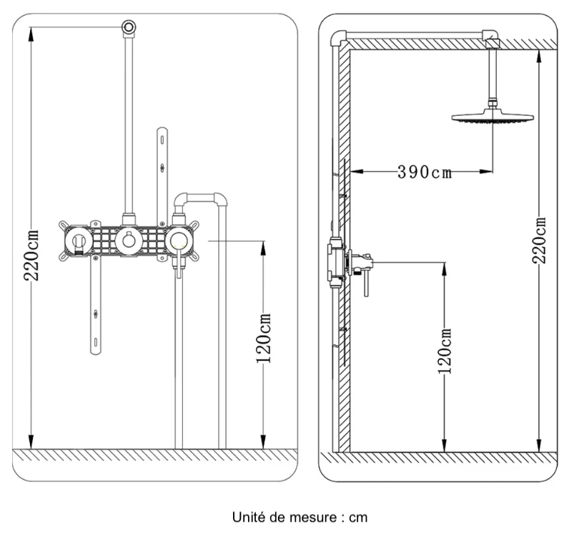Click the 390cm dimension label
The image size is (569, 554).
(425, 172)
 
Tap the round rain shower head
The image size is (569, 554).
(493, 117)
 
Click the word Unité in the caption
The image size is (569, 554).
(248, 516)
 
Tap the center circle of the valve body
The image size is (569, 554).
(129, 241)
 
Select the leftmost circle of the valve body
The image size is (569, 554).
(79, 241)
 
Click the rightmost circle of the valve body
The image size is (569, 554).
(178, 241)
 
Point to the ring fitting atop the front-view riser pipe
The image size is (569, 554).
(129, 26)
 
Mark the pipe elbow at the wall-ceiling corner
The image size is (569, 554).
(339, 38)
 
